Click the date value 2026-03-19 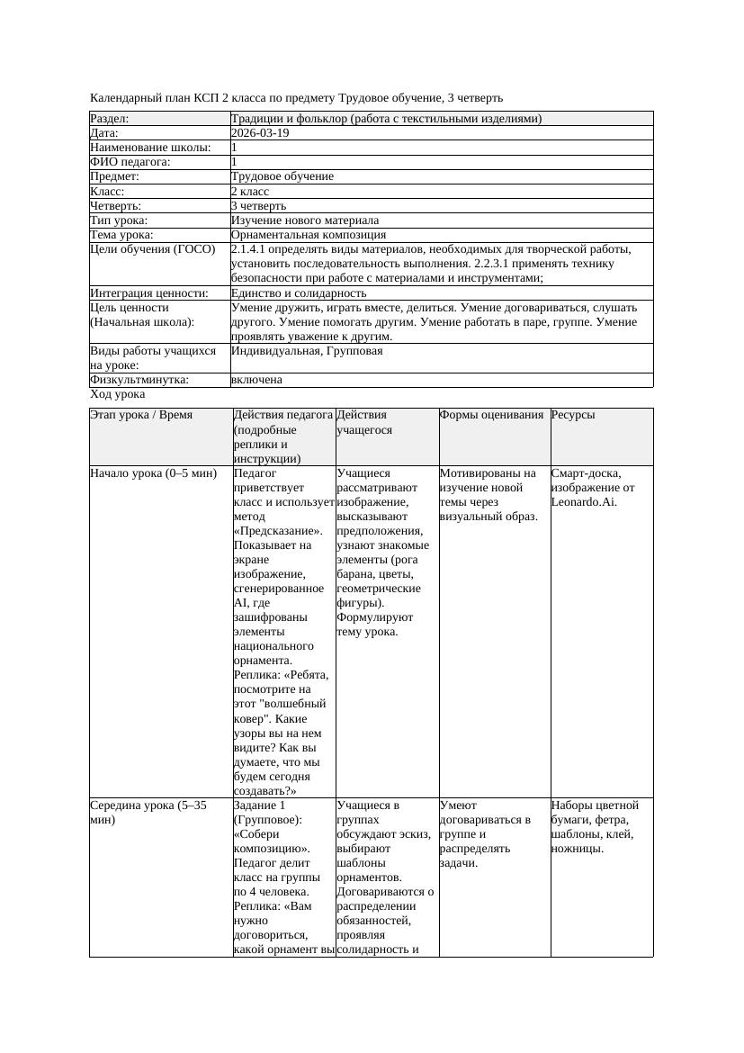pyautogui.click(x=260, y=133)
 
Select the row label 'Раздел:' pyautogui.click(x=110, y=119)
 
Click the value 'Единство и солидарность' pyautogui.click(x=299, y=293)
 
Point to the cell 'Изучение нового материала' pyautogui.click(x=305, y=220)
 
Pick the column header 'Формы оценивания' pyautogui.click(x=492, y=415)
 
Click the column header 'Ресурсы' pyautogui.click(x=573, y=415)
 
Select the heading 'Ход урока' pyautogui.click(x=118, y=395)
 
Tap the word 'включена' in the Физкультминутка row pyautogui.click(x=256, y=380)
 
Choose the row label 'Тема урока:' pyautogui.click(x=121, y=235)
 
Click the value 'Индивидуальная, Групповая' pyautogui.click(x=307, y=351)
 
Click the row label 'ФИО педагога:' pyautogui.click(x=130, y=162)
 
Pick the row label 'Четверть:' pyautogui.click(x=115, y=206)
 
